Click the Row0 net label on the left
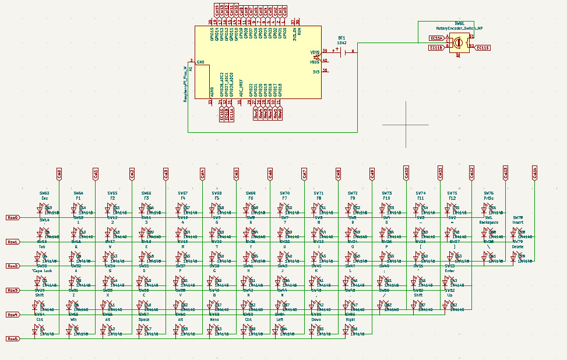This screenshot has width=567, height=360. point(12,217)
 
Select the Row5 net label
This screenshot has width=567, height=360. point(12,338)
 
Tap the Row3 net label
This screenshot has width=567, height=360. point(12,290)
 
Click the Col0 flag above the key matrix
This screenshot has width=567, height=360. point(59,173)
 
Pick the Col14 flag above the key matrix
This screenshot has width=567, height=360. point(534,173)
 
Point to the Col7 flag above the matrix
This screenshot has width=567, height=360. point(304,173)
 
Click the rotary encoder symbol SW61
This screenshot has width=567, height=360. point(459,43)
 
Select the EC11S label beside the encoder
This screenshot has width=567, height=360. point(483,48)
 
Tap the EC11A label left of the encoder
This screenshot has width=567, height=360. point(436,38)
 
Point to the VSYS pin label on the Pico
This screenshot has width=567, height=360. point(315,52)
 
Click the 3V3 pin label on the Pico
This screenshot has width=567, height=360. point(316,71)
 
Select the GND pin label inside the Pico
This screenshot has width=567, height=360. point(200,62)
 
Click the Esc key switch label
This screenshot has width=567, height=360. point(44,198)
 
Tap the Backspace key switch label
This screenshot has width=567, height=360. point(489,222)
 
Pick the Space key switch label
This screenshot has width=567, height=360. point(144,319)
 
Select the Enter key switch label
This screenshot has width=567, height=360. point(450,271)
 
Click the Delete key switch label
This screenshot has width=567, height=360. point(518,246)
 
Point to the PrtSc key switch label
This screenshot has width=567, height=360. point(488,198)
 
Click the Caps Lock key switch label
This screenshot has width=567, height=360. point(43,271)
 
